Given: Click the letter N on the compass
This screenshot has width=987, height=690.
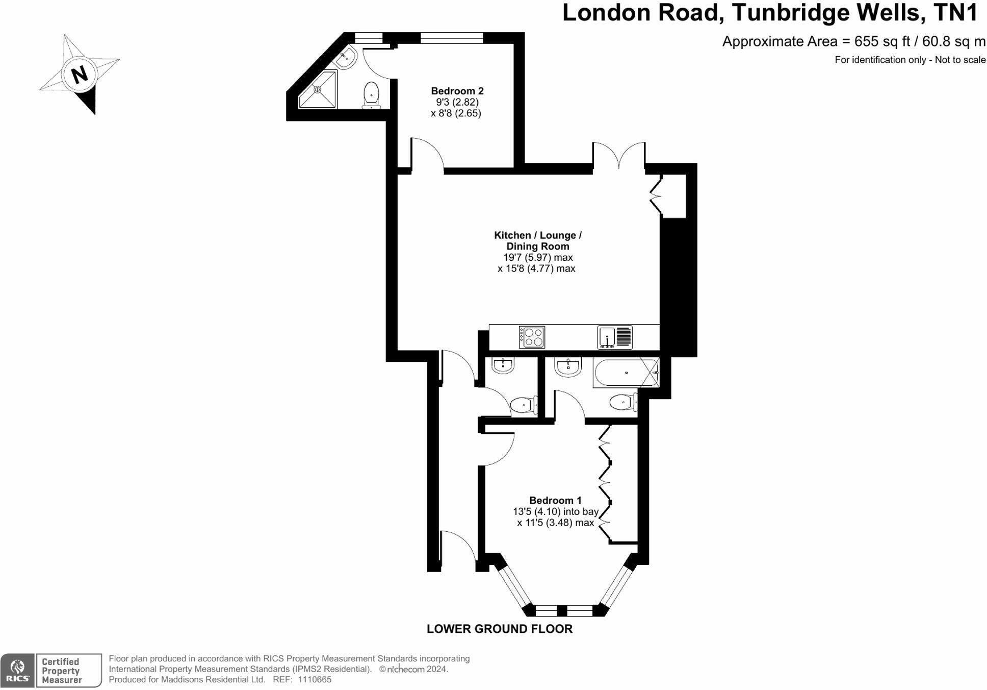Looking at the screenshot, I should coord(79,75).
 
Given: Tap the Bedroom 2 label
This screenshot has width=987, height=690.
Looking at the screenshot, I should coord(457,91).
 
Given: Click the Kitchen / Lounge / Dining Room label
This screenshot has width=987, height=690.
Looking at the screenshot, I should coord(537,240).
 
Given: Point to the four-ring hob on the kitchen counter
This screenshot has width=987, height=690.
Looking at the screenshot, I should coord(532,337).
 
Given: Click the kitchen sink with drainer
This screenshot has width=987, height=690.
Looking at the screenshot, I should coord(615,337).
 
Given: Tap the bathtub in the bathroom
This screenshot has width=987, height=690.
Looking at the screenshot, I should coord(626,373).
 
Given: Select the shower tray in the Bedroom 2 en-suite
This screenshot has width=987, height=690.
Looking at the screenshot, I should coord(317,90).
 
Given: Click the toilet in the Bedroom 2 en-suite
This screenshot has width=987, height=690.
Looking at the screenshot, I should coord(371,95).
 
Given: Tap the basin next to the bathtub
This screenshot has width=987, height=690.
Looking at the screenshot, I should coord(567,366).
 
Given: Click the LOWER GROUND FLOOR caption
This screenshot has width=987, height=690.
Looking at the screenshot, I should coord(499,629).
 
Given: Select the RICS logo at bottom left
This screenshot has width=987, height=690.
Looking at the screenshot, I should coord(17,670).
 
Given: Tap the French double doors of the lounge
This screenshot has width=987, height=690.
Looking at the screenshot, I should coord(619,156).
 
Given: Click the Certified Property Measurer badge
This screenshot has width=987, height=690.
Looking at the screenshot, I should coord(68,670).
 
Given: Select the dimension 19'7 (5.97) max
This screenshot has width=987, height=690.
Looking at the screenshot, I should coord(537,257).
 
